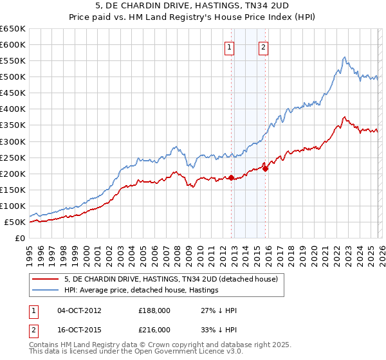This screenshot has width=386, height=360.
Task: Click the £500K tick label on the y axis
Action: (13, 77)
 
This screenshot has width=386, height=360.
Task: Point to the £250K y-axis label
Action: (13, 157)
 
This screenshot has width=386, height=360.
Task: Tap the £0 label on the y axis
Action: (20, 239)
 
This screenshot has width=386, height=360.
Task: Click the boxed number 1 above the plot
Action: (230, 46)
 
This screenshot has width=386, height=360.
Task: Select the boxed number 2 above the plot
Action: (264, 46)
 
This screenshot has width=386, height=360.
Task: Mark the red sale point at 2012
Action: (231, 177)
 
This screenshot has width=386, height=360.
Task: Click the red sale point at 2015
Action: (265, 168)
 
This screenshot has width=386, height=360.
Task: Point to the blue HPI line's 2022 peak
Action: (345, 57)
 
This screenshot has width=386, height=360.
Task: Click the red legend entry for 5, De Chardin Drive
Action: (170, 279)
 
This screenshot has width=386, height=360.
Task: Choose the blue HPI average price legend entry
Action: (142, 291)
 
